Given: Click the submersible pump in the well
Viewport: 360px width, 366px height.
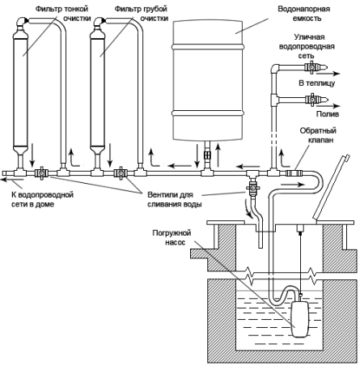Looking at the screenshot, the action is (300, 319).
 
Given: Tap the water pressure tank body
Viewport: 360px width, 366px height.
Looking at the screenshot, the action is (208, 80).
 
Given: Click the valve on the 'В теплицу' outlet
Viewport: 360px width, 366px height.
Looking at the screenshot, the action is (311, 66).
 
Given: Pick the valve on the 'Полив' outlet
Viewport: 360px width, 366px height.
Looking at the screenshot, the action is (312, 100).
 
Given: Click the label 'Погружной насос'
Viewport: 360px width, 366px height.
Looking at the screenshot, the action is (172, 237).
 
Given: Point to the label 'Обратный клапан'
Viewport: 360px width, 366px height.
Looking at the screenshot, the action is (318, 135).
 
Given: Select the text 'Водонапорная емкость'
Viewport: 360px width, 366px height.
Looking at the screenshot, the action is (304, 14).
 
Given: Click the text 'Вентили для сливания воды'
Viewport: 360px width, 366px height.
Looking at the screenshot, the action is (174, 199).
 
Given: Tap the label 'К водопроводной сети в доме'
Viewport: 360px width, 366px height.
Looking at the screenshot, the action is (42, 199).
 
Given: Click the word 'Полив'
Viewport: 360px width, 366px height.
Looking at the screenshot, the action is (328, 114).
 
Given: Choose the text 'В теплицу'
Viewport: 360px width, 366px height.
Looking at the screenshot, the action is (317, 83).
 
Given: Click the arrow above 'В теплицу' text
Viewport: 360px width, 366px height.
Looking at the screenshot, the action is (328, 74).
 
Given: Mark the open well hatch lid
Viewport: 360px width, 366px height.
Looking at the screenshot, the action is (331, 187).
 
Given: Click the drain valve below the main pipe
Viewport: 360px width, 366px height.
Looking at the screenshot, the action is (252, 187).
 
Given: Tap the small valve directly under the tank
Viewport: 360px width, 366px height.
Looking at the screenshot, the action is (207, 155).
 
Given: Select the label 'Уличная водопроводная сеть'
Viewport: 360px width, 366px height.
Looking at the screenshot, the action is (307, 46).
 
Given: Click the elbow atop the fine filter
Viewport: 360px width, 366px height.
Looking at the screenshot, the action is (22, 22).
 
